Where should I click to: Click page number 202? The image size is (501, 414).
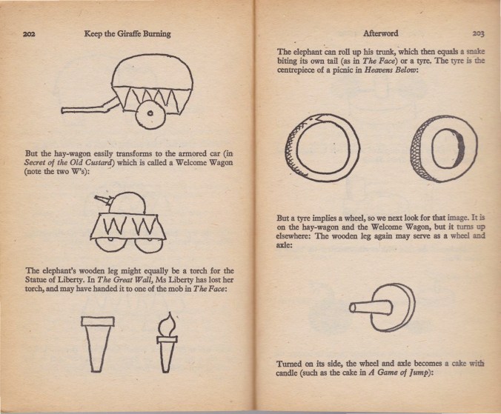coord(29,34)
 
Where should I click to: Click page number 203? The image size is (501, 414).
coord(478,33)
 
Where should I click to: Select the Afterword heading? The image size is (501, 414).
coord(380,33)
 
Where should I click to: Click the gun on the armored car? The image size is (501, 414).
coord(103,200)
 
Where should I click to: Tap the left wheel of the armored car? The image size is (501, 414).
coord(109,247)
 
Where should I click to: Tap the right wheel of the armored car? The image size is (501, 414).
coord(147,247)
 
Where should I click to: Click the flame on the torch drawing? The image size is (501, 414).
coord(167,324)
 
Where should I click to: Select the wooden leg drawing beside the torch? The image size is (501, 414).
coord(97,344)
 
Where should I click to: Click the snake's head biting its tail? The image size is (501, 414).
coord(317,119)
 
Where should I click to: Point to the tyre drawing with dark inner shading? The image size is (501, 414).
coord(444,149)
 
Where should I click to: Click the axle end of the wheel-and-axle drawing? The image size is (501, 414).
coord(352,307)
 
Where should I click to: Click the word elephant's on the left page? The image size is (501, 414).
coord(58,271)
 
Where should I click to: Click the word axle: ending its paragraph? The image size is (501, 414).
coord(284,245)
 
